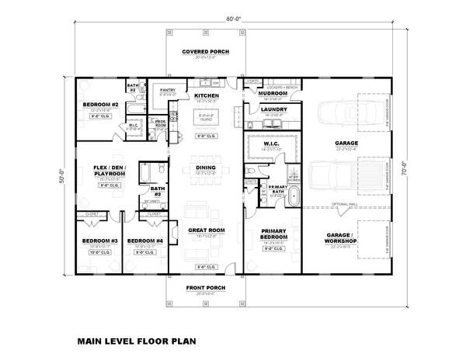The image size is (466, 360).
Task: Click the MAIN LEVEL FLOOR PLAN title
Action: [x=137, y=340]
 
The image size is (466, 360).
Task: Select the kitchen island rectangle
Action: [x=206, y=118]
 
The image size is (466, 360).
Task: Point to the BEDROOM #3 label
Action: [x=99, y=241]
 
